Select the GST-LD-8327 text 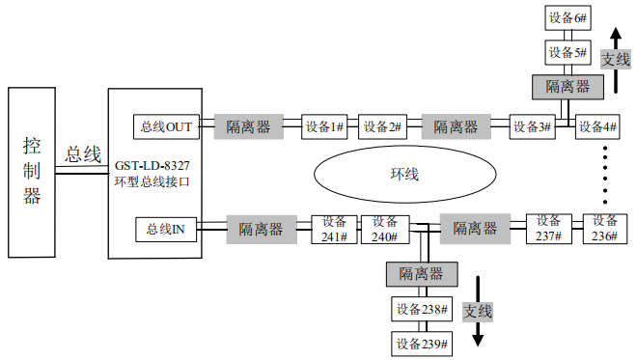(152, 165)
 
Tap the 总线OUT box (166, 126)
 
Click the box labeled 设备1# (324, 126)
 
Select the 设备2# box (382, 126)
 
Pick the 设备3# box (533, 126)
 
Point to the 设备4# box (597, 126)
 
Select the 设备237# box (549, 229)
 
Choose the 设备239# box (422, 344)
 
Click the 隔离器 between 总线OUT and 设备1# (248, 126)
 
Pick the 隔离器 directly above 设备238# (422, 273)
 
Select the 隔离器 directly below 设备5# (568, 86)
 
